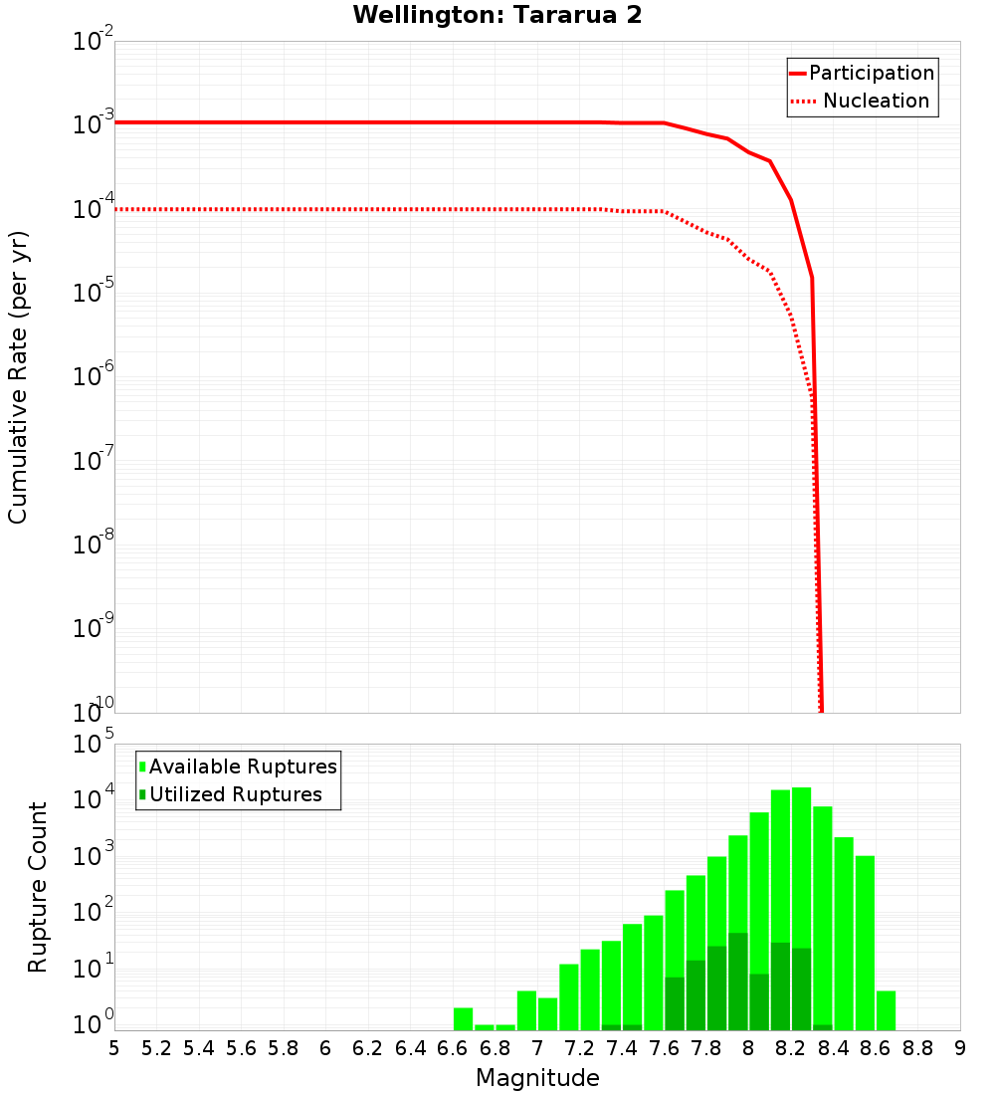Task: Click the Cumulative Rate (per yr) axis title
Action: click(18, 376)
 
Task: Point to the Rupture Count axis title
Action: click(38, 887)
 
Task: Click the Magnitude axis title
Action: click(537, 1078)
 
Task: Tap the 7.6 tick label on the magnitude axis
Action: click(665, 1048)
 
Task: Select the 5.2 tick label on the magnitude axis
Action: click(157, 1048)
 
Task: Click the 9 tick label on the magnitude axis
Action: click(960, 1048)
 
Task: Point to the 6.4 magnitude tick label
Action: click(410, 1048)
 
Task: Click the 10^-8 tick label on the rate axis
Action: click(94, 544)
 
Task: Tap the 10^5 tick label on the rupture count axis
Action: click(96, 744)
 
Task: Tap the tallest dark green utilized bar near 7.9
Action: click(737, 981)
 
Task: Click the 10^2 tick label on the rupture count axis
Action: click(96, 912)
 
